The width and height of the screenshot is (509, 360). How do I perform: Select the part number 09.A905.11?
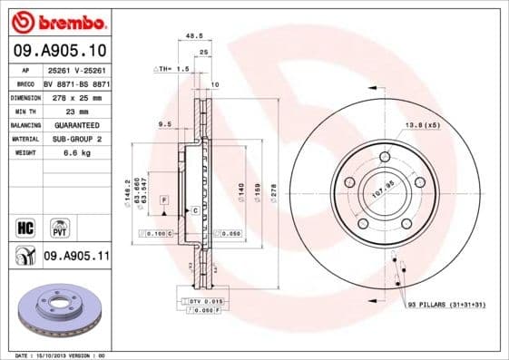76,257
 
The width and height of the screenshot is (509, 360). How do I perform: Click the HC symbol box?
26,225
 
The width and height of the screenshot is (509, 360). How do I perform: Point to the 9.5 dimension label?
165,123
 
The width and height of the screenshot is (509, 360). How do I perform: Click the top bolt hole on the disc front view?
385,158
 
